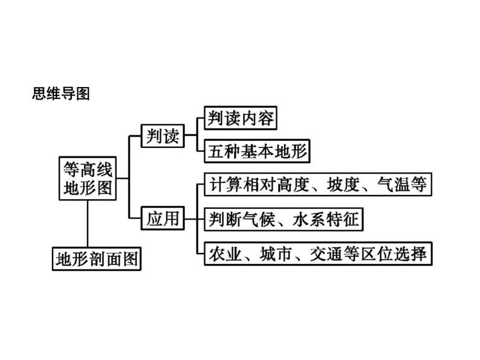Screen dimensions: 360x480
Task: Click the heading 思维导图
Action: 60,94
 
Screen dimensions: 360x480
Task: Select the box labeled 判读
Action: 163,137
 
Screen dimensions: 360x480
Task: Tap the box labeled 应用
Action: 163,218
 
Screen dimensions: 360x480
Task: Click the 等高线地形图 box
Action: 88,178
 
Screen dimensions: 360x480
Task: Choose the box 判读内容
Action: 240,118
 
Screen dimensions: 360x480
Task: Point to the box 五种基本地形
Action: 256,152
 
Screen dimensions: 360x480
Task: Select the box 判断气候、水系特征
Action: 282,219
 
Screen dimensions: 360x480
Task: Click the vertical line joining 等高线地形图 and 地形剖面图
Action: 88,223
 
